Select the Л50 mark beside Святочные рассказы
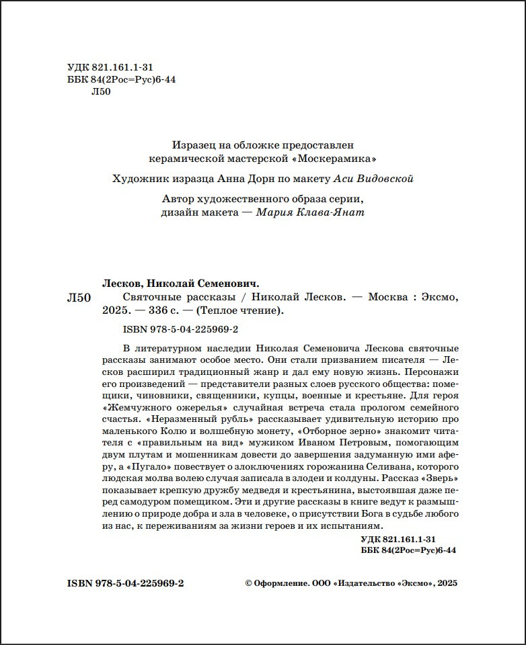coord(79,297)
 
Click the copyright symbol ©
coord(249,584)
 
